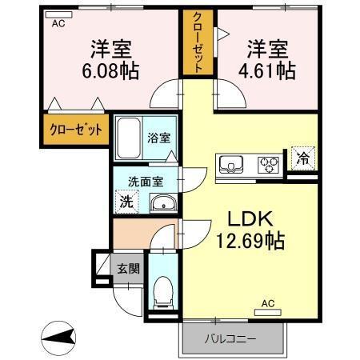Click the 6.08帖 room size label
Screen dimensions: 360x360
(110, 70)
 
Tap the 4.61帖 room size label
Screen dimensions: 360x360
(270, 70)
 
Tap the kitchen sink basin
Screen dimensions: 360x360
(233, 165)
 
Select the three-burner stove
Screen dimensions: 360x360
(266, 165)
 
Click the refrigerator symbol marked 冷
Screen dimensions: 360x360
(302, 158)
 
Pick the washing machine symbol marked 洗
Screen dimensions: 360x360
(126, 202)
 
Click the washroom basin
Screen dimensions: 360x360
(164, 202)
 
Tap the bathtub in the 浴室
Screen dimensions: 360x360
(128, 140)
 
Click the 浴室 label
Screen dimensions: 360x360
(158, 138)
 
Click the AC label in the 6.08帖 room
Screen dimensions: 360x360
(58, 24)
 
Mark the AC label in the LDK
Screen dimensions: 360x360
(268, 305)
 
